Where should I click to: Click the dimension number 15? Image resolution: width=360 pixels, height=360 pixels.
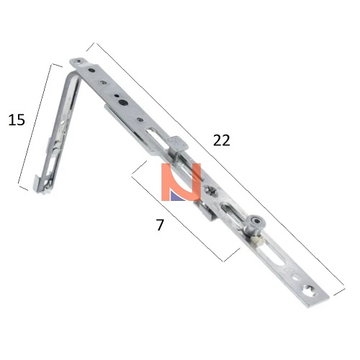pos(17,120)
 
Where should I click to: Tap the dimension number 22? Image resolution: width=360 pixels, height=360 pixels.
pos(222,140)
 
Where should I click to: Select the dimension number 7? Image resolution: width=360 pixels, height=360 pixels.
pos(160,225)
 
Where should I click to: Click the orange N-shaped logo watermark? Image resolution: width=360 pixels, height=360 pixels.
pos(181,182)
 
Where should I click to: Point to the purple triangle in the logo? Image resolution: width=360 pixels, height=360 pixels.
pos(176,196)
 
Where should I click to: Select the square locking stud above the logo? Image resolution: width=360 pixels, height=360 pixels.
pos(178,145)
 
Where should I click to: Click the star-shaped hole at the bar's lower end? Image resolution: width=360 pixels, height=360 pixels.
pos(309,291)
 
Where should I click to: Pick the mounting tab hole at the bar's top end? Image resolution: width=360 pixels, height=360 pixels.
pos(78,61)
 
